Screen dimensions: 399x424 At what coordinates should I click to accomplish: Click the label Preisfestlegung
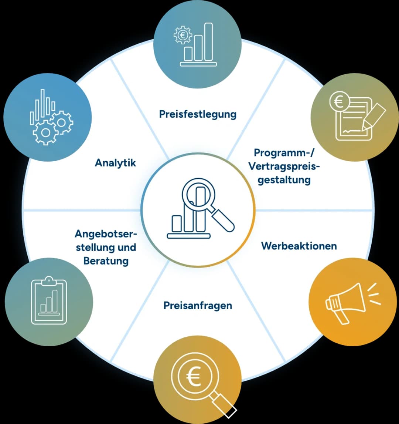198,114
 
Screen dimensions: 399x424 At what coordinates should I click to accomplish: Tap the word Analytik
115,163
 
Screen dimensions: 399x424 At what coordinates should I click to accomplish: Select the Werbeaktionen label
299,246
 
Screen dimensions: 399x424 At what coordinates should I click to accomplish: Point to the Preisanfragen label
198,306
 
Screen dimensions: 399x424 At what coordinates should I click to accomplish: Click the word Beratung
106,261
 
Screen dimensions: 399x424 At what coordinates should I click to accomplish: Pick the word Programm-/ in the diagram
284,153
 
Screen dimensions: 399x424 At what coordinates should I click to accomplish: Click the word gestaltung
284,180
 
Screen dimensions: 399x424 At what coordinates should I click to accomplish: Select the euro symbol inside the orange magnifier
194,377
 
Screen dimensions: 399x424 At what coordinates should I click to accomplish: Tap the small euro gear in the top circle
183,35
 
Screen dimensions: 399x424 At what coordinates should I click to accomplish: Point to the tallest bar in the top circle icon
208,42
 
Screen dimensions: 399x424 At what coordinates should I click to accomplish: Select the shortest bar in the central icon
177,223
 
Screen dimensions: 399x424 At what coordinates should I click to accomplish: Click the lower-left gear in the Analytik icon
45,132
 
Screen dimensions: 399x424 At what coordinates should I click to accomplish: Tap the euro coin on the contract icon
339,102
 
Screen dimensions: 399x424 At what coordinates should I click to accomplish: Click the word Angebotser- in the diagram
106,234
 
